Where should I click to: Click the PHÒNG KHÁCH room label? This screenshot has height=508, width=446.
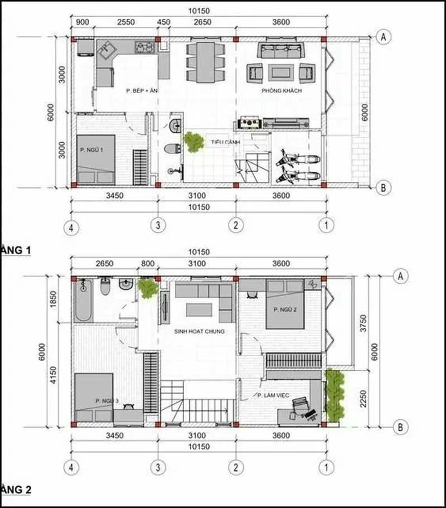pyautogui.click(x=282, y=90)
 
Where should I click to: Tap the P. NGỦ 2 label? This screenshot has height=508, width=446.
pyautogui.click(x=284, y=308)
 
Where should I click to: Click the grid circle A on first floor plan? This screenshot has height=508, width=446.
pyautogui.click(x=383, y=37)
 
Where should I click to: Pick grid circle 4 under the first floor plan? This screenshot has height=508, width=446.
pyautogui.click(x=70, y=226)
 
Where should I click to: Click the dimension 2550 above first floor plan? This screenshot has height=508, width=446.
pyautogui.click(x=126, y=22)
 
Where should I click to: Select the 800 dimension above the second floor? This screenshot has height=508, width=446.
pyautogui.click(x=148, y=263)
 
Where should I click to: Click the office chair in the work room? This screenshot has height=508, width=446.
pyautogui.click(x=302, y=406)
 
